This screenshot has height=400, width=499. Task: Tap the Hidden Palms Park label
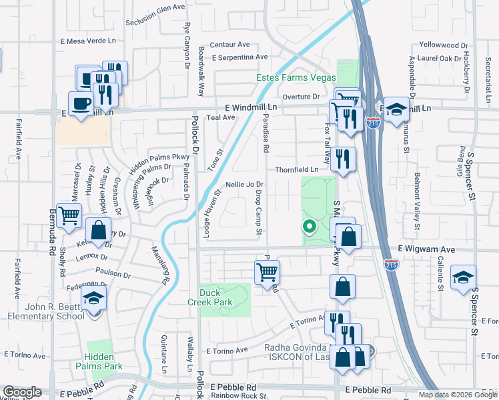tap(103, 361)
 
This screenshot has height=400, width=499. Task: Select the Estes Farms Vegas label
tap(297, 77)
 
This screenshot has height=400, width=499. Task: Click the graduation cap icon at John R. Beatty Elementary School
tap(94, 298)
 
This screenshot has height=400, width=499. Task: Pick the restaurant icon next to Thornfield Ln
tap(343, 159)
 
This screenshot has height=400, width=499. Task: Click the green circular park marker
tap(309, 226)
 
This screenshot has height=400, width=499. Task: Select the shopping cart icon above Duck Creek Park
tap(267, 271)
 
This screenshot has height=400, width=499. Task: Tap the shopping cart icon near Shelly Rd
tap(69, 216)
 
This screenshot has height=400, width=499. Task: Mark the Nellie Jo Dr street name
tap(245, 184)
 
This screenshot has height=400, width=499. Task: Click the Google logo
tap(22, 392)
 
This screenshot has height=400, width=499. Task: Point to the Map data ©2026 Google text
tap(457, 395)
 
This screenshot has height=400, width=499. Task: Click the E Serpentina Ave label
tap(240, 57)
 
